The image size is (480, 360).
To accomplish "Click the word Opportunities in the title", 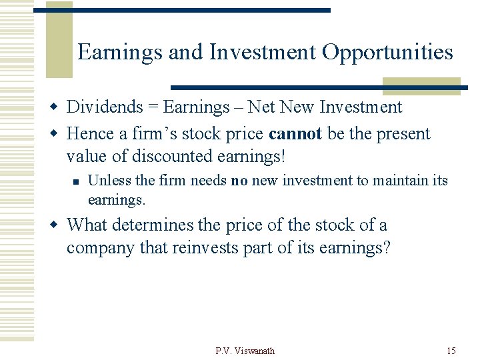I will tap(387, 52).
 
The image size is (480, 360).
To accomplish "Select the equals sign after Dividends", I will tap(154, 107).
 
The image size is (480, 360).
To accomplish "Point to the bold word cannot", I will tap(295, 133).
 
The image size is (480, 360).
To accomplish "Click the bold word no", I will tap(239, 181).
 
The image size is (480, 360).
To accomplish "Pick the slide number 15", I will tap(451, 351).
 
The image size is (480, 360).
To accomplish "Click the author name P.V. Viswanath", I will tap(245, 351).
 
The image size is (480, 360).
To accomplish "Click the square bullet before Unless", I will tap(77, 181).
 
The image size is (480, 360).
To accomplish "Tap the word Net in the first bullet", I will tap(262, 107).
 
